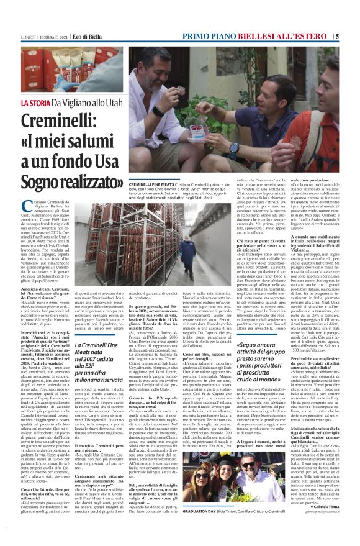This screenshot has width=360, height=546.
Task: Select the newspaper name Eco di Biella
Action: click(x=88, y=37)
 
